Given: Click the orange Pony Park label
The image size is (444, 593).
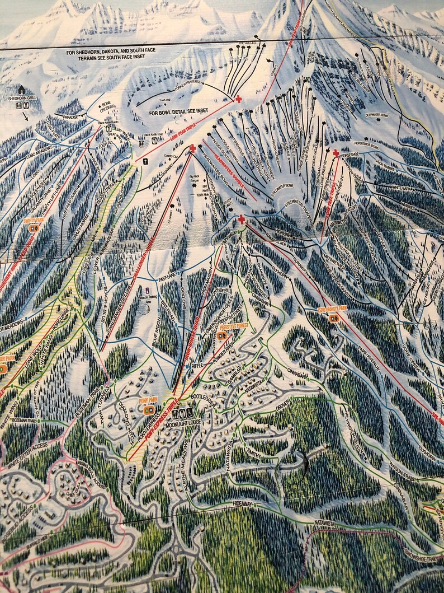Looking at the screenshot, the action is (x=149, y=401).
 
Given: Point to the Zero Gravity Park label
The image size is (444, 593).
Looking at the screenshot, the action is (x=333, y=310).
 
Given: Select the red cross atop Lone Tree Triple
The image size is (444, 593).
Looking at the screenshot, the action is (x=336, y=153).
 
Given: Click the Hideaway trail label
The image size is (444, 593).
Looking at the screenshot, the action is (x=243, y=505).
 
